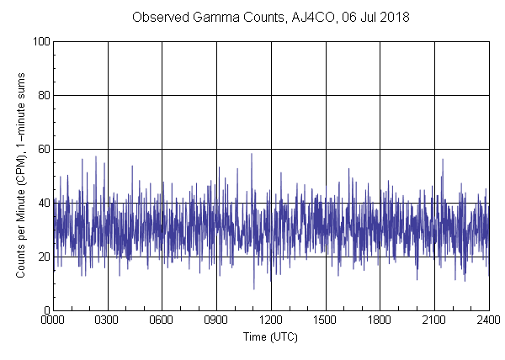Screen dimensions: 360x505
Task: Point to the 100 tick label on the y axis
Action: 40,41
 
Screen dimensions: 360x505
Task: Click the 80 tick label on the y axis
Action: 43,95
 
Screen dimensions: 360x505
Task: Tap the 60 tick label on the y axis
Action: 43,149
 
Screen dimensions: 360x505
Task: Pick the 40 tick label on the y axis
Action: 43,203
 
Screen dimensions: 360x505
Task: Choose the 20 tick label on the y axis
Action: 43,257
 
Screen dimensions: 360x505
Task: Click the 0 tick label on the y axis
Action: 45,310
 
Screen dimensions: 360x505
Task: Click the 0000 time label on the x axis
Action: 53,321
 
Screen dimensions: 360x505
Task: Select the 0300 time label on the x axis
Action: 108,321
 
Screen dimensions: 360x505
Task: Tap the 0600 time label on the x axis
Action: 162,321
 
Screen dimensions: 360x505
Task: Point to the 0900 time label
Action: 216,321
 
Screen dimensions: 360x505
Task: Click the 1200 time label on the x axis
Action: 271,321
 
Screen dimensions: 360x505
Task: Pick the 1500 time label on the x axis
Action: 325,321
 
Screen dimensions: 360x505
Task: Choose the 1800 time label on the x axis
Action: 380,321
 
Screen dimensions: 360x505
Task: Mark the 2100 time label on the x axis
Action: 434,321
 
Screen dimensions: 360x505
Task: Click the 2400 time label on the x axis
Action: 487,321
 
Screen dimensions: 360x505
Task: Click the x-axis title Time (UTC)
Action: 270,336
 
